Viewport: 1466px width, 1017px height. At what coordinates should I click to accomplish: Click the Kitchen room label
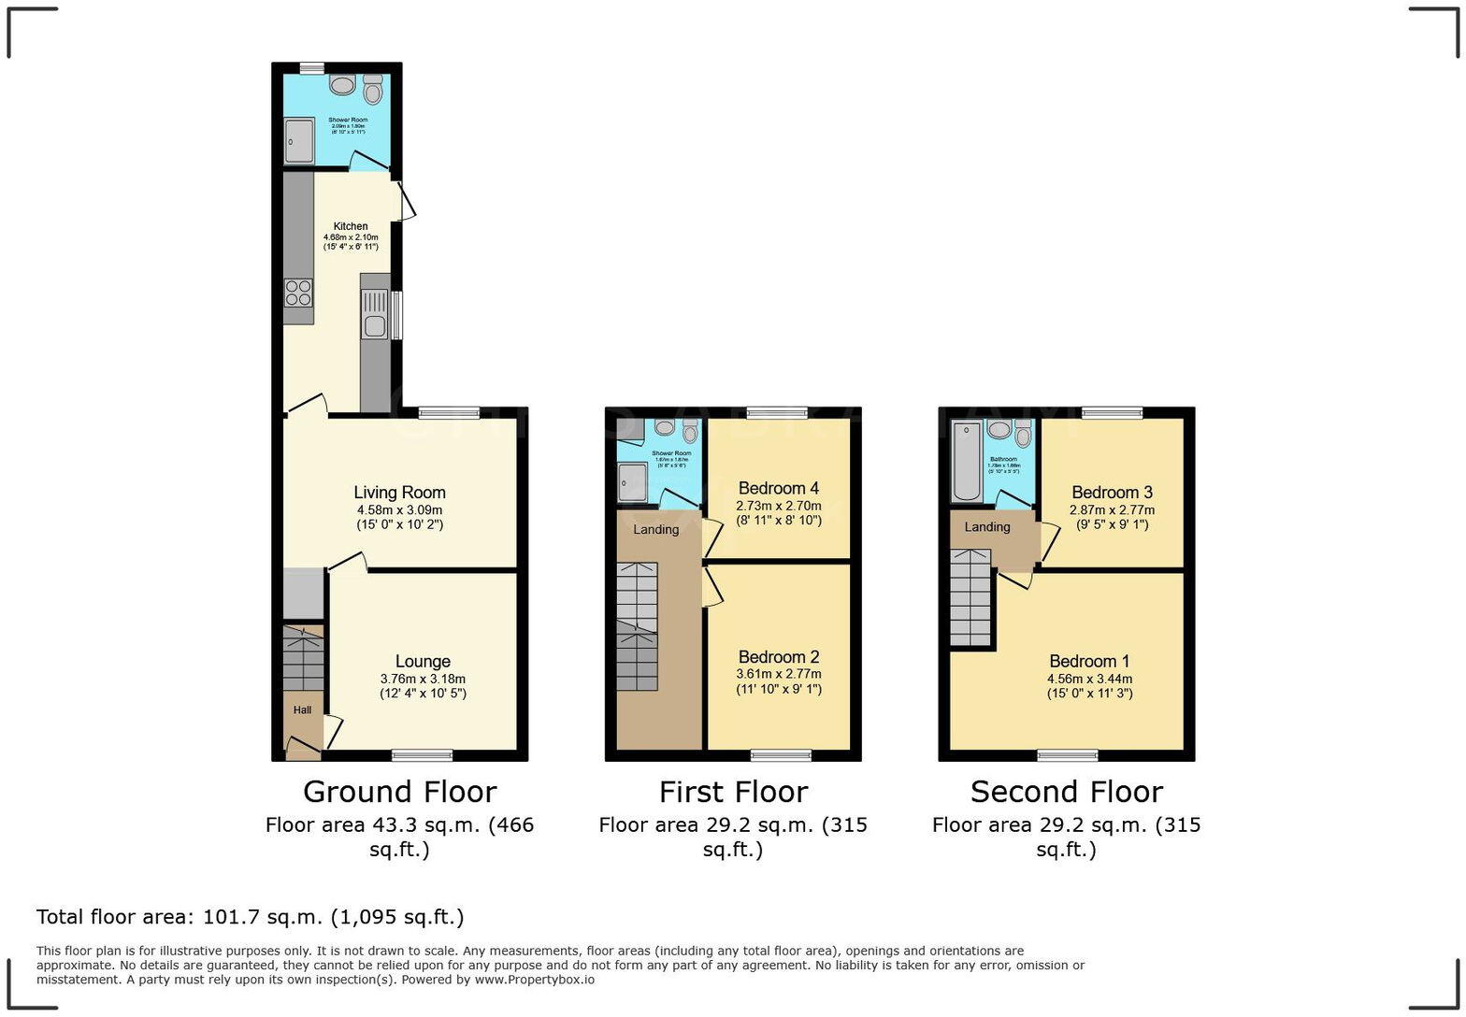click(x=351, y=226)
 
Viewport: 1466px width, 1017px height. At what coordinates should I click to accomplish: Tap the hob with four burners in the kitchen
click(x=298, y=293)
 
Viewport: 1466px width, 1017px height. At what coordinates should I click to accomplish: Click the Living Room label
click(x=399, y=493)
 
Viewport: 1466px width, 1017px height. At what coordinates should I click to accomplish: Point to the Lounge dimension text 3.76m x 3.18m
click(x=423, y=679)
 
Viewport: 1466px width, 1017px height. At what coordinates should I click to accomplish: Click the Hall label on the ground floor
click(x=302, y=710)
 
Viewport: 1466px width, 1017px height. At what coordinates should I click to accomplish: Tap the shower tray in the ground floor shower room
click(x=300, y=141)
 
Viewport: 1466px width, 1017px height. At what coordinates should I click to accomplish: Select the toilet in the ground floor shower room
click(x=373, y=90)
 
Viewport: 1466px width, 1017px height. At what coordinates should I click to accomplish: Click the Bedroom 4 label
click(x=778, y=488)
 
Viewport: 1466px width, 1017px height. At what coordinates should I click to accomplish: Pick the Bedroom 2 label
click(x=778, y=656)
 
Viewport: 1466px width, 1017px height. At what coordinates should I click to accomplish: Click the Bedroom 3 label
click(x=1112, y=493)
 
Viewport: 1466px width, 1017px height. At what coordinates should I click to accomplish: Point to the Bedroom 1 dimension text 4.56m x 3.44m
click(x=1089, y=679)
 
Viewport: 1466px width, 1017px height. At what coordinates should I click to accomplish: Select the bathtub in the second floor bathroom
click(x=965, y=461)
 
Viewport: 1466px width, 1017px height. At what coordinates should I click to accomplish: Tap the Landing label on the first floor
click(x=655, y=530)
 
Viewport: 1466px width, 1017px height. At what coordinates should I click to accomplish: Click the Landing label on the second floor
click(x=987, y=527)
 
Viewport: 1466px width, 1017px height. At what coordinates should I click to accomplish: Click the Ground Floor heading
click(x=399, y=792)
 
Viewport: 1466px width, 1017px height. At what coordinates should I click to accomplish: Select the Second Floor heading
click(x=1066, y=792)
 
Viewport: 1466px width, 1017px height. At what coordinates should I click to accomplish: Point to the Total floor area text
click(x=250, y=917)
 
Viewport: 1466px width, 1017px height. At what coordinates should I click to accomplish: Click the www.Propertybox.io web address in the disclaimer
click(x=534, y=980)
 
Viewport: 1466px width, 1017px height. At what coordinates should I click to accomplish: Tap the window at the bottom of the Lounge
click(x=422, y=755)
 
